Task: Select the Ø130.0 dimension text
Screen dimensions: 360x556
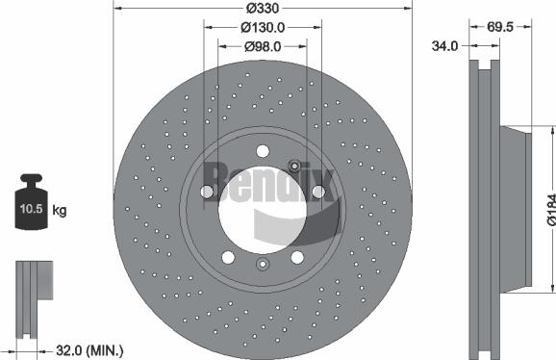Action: click(x=263, y=27)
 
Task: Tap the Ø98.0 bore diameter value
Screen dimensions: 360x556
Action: click(x=263, y=45)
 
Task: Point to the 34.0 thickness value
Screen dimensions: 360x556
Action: click(x=444, y=45)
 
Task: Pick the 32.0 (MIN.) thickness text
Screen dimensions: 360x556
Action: click(x=90, y=349)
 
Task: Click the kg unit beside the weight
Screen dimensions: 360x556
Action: click(x=59, y=210)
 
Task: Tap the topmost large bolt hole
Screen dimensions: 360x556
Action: click(x=263, y=148)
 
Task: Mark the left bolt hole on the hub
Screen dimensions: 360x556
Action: click(x=207, y=192)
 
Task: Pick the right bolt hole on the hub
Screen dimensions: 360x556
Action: click(x=317, y=192)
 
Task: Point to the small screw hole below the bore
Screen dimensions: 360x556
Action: click(x=263, y=265)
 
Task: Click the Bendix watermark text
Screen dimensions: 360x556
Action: click(x=265, y=178)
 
